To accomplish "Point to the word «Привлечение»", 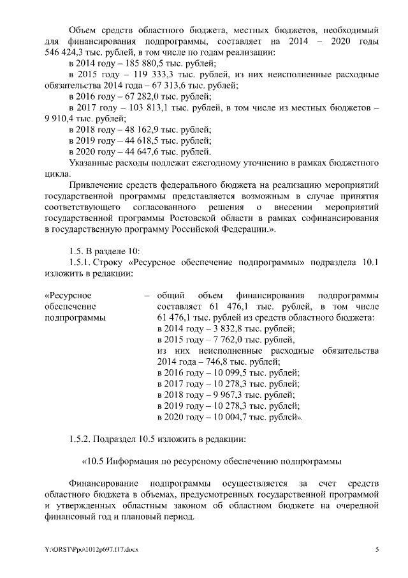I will tap(97, 185).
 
